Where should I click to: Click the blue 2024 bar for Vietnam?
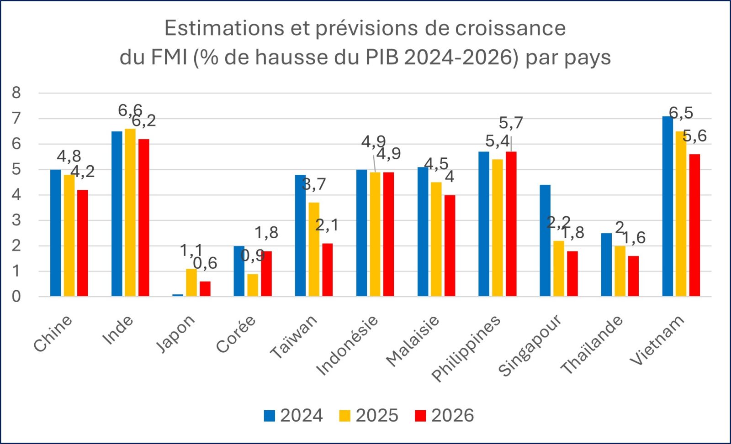pyautogui.click(x=667, y=206)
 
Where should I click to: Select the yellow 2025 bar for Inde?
pyautogui.click(x=130, y=213)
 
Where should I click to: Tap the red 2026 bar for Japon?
pyautogui.click(x=205, y=288)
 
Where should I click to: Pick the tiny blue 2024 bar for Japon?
pyautogui.click(x=178, y=295)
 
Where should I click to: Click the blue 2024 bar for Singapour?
pyautogui.click(x=545, y=240)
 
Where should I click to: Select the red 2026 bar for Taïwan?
pyautogui.click(x=328, y=270)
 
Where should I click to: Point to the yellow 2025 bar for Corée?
pyautogui.click(x=253, y=285)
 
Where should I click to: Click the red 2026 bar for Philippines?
pyautogui.click(x=511, y=224)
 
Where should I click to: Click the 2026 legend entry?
pyautogui.click(x=445, y=416)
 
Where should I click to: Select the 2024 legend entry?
pyautogui.click(x=294, y=416)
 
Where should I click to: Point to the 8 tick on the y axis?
pyautogui.click(x=16, y=93)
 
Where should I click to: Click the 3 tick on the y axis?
pyautogui.click(x=16, y=220)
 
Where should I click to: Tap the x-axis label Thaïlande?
pyautogui.click(x=592, y=345)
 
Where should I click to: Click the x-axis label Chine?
pyautogui.click(x=53, y=334)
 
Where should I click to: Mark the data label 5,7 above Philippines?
pyautogui.click(x=511, y=123)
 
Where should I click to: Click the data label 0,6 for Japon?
pyautogui.click(x=205, y=263)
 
